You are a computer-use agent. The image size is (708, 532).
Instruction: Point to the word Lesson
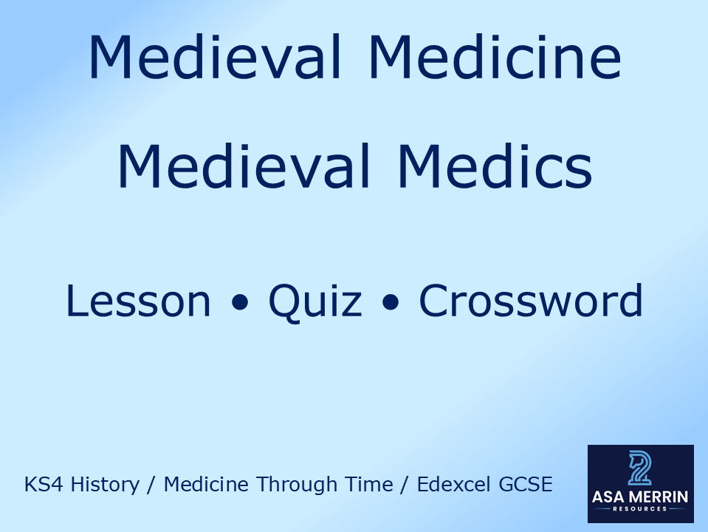click(138, 301)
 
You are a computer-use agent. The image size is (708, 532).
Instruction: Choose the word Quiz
click(315, 301)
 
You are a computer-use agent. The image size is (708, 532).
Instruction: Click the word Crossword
click(531, 301)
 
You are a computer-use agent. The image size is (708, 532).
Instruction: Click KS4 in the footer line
click(41, 485)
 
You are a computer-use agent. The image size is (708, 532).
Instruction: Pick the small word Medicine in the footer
click(204, 485)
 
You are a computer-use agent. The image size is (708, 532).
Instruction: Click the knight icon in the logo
click(640, 468)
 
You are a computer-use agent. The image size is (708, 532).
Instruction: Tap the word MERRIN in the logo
click(662, 497)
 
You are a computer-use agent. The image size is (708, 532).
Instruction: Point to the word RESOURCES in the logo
click(640, 509)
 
